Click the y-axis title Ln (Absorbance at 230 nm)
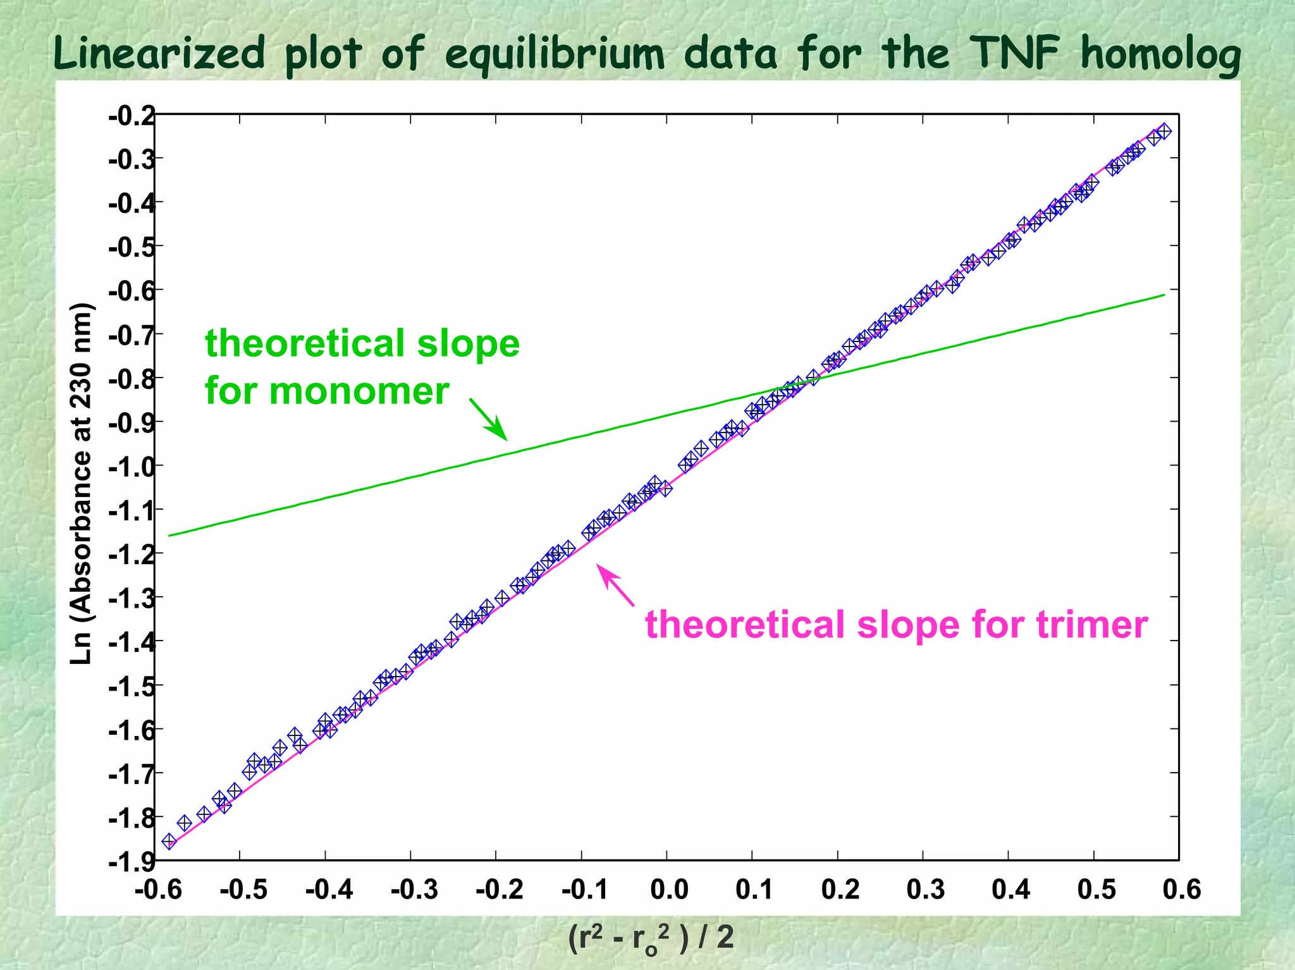[x=82, y=484]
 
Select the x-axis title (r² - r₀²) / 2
[x=651, y=937]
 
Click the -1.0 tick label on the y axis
[x=132, y=467]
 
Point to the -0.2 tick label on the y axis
[x=132, y=116]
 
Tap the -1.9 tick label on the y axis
[x=132, y=861]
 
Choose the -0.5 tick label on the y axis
[x=132, y=247]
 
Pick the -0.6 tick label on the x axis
[x=158, y=890]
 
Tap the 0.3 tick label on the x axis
[x=925, y=890]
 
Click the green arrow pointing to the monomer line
[x=489, y=419]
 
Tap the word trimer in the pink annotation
[x=1091, y=625]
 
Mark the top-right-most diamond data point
[x=1164, y=132]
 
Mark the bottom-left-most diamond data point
[x=169, y=841]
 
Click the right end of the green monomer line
[x=1163, y=295]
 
